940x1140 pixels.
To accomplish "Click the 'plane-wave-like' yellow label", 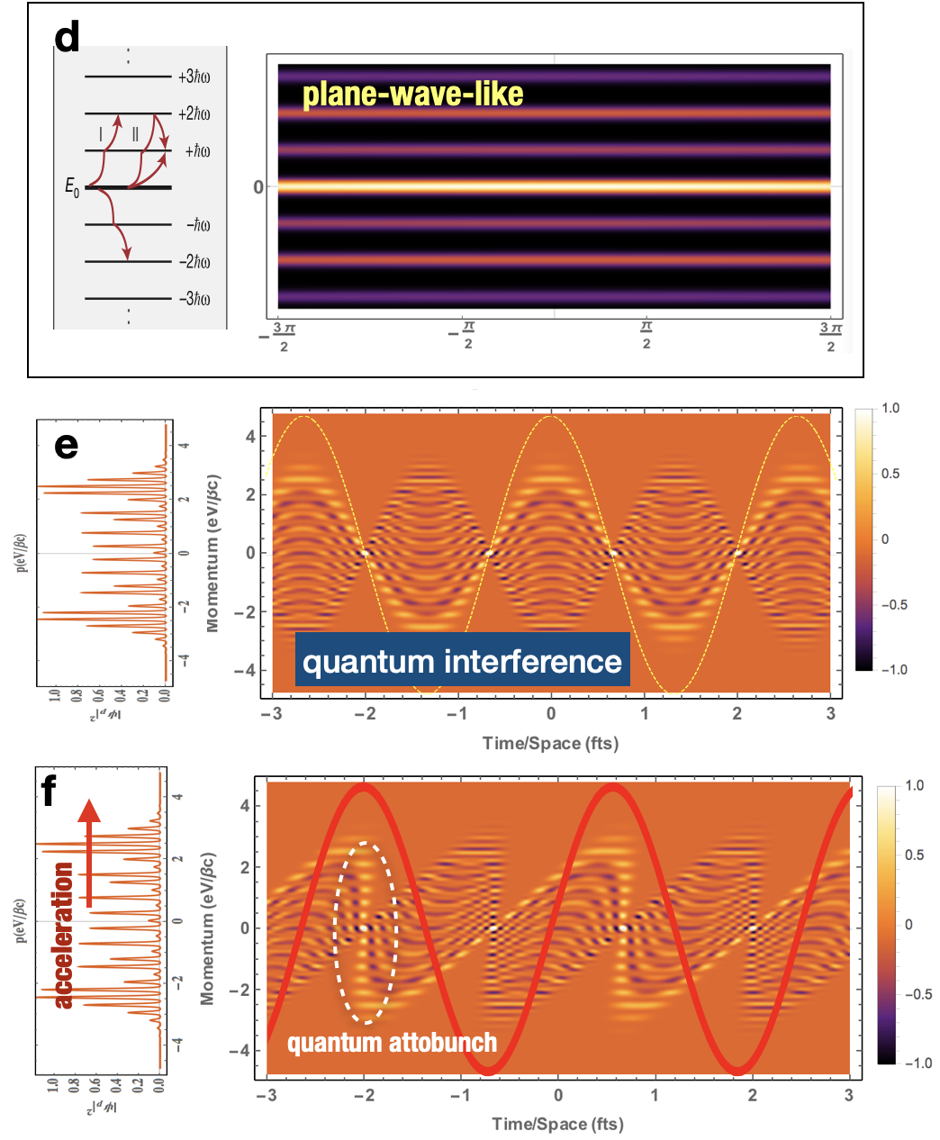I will [x=412, y=95].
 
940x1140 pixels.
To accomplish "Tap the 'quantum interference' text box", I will [x=462, y=662].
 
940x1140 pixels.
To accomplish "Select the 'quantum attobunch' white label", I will [x=392, y=1043].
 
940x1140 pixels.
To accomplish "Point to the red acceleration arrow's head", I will [x=89, y=810].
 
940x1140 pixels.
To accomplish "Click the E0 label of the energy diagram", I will [x=72, y=187].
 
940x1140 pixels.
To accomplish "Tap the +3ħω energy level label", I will [x=194, y=77].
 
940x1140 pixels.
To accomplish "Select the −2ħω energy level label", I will [x=194, y=262].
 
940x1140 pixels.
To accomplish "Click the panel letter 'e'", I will [x=66, y=445].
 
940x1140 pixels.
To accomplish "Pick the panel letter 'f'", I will [x=49, y=792].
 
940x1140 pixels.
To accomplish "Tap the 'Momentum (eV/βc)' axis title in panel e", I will [x=213, y=553].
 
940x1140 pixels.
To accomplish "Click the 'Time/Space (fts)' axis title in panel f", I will [x=557, y=1124].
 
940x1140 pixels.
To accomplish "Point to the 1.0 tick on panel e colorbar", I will [x=890, y=408].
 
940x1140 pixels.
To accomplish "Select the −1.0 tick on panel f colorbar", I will [x=918, y=1063].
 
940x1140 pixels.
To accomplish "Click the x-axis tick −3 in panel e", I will [x=271, y=713].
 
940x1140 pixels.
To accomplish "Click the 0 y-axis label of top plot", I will [x=258, y=187].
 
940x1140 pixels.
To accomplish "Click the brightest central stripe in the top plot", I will [x=554, y=186].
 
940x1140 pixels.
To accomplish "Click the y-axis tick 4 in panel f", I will [x=244, y=806].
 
